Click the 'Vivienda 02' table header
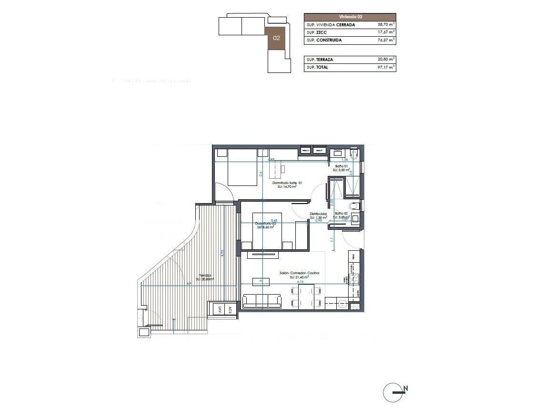(350, 17)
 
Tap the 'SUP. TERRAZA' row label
(320, 60)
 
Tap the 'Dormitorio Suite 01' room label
(287, 183)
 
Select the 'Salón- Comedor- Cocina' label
(299, 273)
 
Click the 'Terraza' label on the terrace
(205, 275)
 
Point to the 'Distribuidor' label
(318, 214)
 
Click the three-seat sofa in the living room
(261, 301)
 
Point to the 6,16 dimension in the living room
(300, 282)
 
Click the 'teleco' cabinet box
(305, 151)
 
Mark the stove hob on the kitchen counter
(353, 279)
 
